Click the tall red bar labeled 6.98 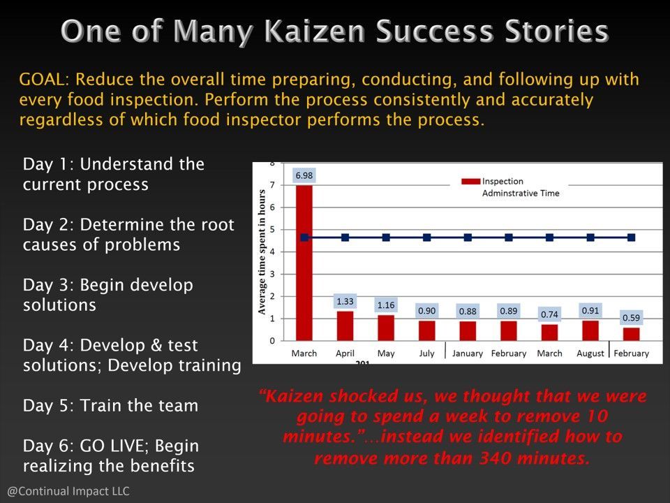304,263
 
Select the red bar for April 345,326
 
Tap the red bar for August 590,330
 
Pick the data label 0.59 631,318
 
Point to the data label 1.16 386,305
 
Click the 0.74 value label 549,314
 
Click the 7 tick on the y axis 272,184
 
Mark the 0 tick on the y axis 272,341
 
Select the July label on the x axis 426,353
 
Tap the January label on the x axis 468,353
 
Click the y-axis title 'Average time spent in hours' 262,252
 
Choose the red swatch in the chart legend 470,182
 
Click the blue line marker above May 386,238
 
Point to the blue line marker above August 590,238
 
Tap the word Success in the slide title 434,31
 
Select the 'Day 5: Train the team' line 110,405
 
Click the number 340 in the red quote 496,458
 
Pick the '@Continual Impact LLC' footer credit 68,490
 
